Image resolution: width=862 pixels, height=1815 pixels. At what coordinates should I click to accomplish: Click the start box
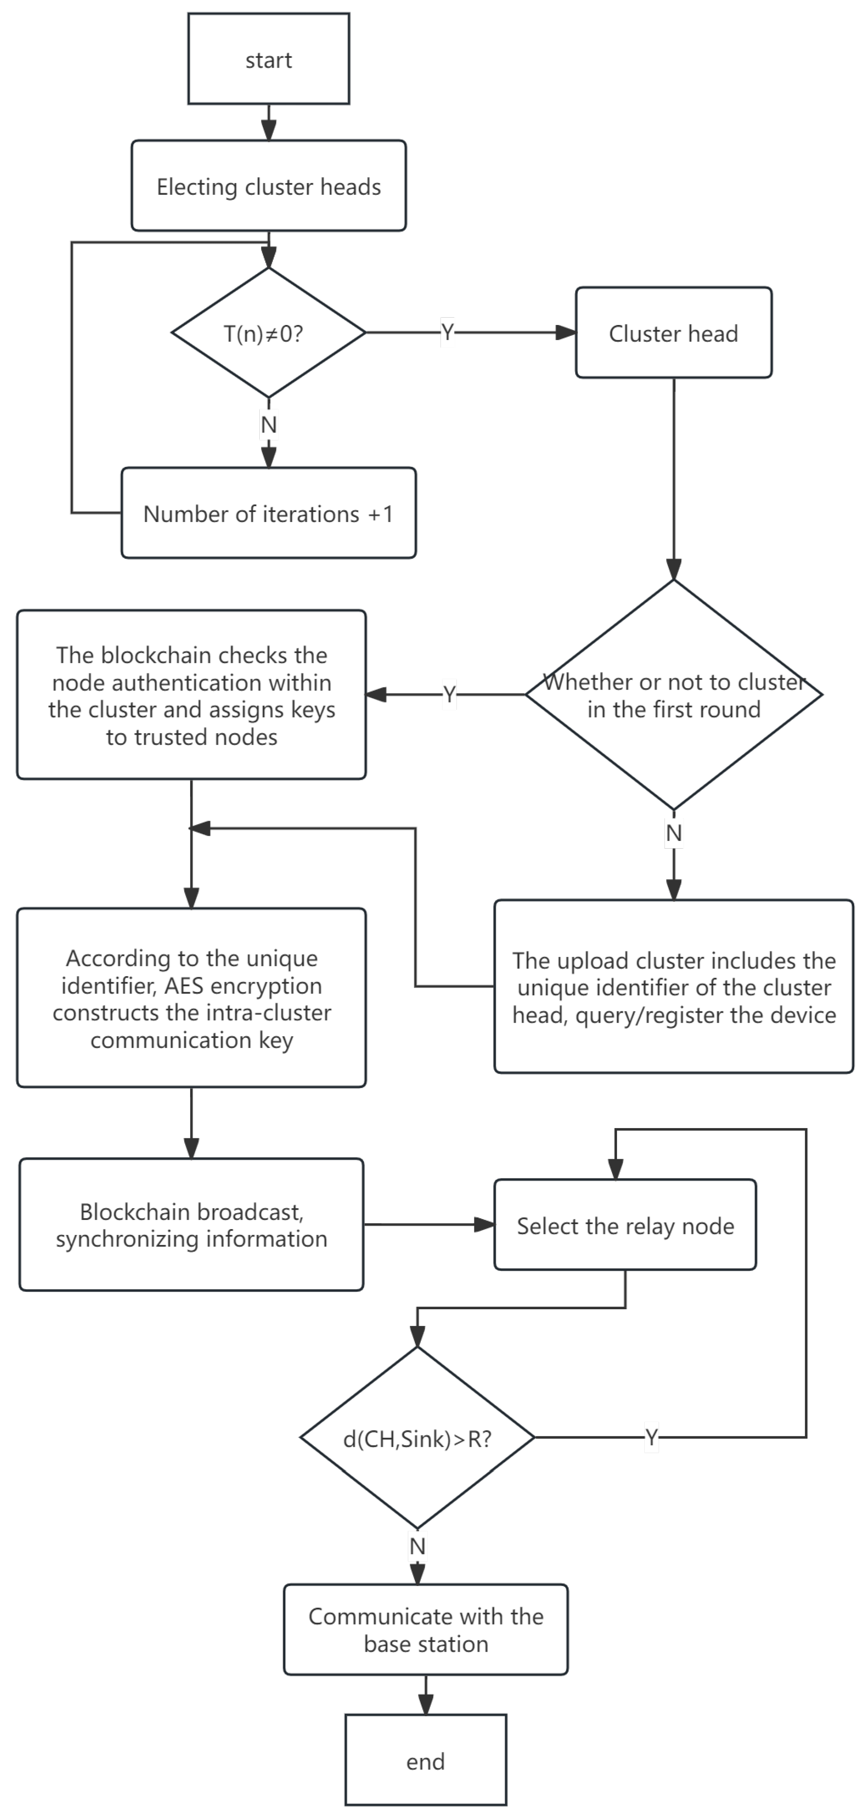[x=269, y=59]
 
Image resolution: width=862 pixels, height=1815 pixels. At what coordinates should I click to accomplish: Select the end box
[x=425, y=1761]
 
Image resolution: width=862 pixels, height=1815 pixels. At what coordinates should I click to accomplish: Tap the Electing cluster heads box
[x=269, y=186]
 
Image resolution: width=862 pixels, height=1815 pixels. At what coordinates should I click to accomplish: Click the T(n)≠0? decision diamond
[x=269, y=333]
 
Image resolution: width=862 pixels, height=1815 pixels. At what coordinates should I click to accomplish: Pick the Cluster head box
[x=673, y=333]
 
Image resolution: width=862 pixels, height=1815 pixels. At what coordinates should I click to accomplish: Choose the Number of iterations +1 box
[x=269, y=513]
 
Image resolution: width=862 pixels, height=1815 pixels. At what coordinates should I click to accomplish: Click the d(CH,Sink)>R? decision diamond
[x=417, y=1438]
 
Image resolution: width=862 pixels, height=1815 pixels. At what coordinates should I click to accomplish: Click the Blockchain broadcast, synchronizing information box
[x=191, y=1225]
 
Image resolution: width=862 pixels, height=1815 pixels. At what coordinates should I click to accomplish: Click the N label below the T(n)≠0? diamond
[x=269, y=425]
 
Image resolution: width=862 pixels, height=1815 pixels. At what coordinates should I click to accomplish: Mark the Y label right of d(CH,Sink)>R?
[x=651, y=1438]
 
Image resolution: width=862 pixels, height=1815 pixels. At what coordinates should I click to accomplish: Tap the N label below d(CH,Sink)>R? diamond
[x=417, y=1546]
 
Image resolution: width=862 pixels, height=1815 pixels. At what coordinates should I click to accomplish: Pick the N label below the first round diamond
[x=673, y=833]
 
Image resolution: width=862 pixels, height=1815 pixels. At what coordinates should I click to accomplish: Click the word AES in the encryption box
[x=183, y=985]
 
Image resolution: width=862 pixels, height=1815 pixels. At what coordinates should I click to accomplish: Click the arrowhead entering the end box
[x=425, y=1706]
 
